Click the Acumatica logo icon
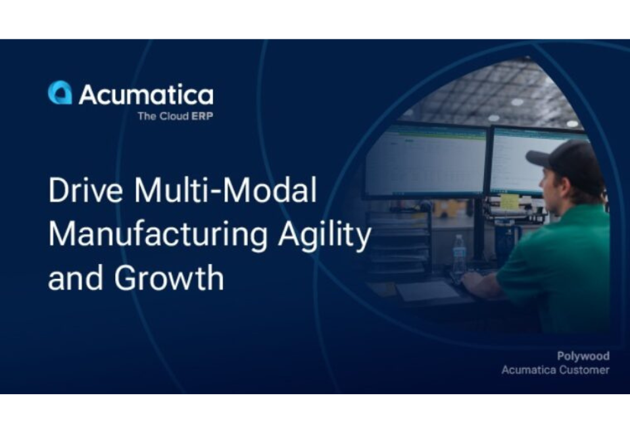tap(60, 93)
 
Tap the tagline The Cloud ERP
tap(175, 116)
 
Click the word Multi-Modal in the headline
tap(226, 191)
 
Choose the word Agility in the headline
tap(324, 235)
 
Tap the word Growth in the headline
tap(169, 278)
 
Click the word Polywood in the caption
tap(583, 356)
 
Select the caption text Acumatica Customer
tap(555, 370)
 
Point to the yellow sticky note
tap(510, 202)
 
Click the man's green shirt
tap(559, 263)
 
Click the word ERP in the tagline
tap(202, 116)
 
